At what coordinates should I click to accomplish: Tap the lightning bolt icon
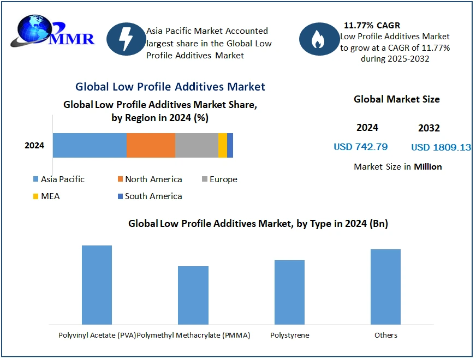(x=126, y=39)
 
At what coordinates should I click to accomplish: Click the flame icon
(x=318, y=39)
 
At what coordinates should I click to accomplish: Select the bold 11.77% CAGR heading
(x=372, y=26)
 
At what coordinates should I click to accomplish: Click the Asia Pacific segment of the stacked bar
(x=90, y=145)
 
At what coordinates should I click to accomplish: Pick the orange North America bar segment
(x=151, y=145)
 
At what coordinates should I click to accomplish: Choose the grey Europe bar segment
(x=197, y=145)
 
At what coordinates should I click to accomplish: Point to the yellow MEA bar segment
(x=222, y=145)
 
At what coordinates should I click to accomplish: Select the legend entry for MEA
(x=46, y=196)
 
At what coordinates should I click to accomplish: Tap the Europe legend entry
(x=219, y=179)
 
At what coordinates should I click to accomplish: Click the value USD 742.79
(x=360, y=147)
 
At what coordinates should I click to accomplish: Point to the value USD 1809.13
(x=441, y=147)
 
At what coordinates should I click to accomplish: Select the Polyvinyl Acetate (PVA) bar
(x=97, y=285)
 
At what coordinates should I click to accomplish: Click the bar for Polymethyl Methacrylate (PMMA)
(x=193, y=295)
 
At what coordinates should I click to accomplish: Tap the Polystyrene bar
(x=289, y=292)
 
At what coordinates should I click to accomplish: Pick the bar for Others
(x=385, y=287)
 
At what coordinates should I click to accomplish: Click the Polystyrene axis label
(x=289, y=335)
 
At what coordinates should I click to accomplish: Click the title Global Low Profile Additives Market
(x=170, y=87)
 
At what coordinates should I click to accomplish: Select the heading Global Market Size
(x=396, y=99)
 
